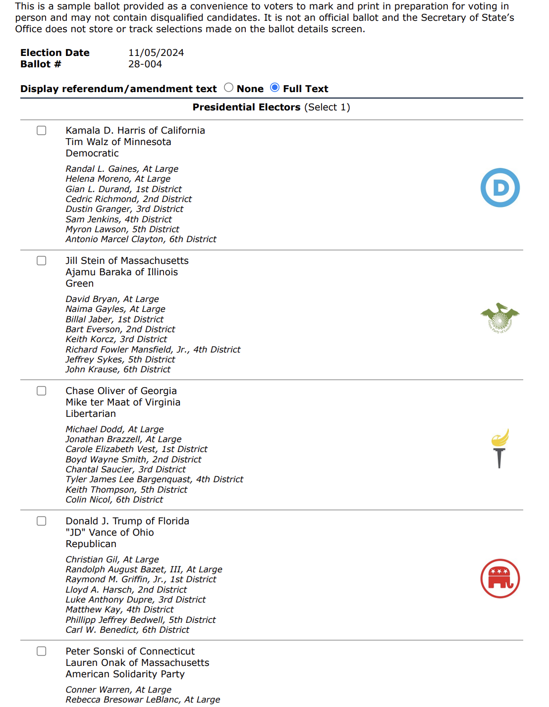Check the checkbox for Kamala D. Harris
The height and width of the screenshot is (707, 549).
(42, 130)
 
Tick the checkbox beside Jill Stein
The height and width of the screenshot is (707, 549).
(42, 260)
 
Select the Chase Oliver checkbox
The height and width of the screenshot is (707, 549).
(42, 391)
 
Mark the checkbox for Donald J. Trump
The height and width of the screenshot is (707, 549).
(42, 521)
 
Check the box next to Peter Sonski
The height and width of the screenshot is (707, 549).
(42, 651)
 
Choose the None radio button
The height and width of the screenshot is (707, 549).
(228, 88)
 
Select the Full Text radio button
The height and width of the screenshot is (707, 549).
(275, 88)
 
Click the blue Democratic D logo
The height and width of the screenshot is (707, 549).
(500, 188)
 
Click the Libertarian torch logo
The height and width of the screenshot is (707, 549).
(499, 448)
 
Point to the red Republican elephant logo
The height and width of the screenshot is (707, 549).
(500, 578)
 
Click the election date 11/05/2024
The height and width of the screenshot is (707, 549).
(156, 52)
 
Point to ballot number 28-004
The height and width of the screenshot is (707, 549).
(145, 64)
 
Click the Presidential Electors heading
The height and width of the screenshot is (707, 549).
(271, 107)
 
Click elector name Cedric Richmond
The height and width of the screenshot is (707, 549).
(128, 199)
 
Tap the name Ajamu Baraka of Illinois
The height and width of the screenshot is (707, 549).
(121, 272)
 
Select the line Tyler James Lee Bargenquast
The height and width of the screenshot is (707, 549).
(154, 479)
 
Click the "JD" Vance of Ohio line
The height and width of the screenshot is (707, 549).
(110, 532)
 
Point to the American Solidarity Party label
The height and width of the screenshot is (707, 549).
(125, 674)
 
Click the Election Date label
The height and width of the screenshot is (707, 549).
(55, 52)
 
